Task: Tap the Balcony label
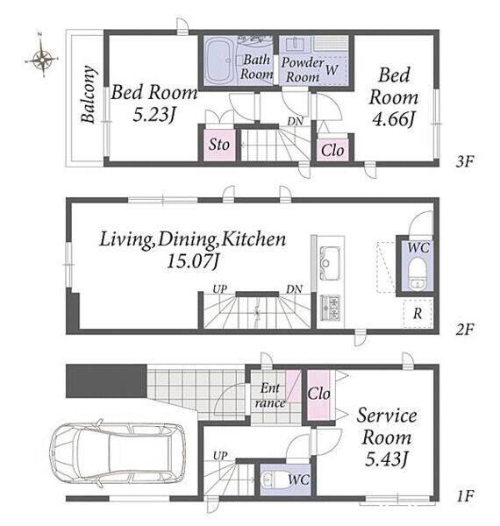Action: click(89, 95)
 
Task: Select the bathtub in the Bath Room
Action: click(219, 60)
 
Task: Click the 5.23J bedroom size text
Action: click(154, 115)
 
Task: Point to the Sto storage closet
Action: click(220, 145)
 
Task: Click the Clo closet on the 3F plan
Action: click(332, 150)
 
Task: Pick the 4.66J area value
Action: click(394, 119)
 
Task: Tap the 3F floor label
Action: click(465, 161)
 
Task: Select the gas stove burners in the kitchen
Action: click(331, 308)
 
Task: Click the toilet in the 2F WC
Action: click(418, 274)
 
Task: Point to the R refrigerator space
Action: click(418, 313)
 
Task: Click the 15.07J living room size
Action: click(193, 261)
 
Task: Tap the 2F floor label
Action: click(465, 330)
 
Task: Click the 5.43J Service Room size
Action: click(387, 459)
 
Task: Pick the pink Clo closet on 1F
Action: click(319, 394)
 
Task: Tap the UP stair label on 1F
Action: click(220, 456)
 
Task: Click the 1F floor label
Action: click(465, 495)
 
